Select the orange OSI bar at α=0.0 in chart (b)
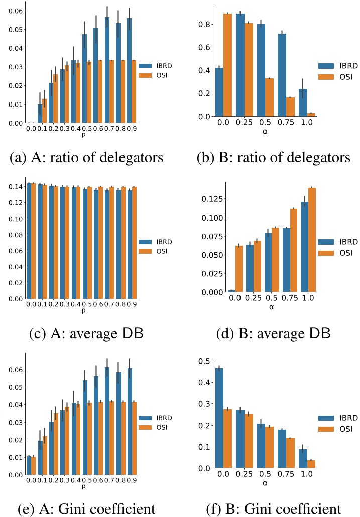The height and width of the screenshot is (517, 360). tap(227, 65)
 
